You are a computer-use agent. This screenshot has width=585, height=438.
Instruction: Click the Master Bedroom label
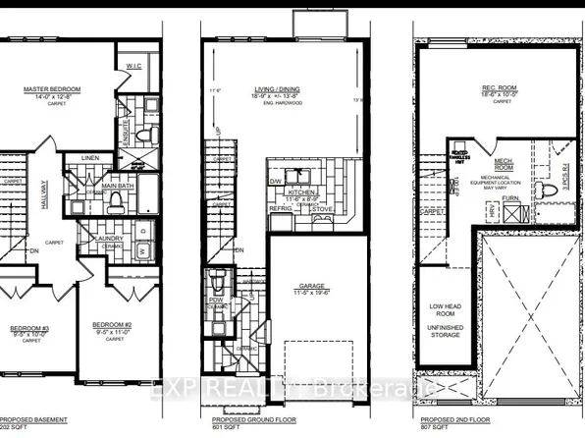click(52, 89)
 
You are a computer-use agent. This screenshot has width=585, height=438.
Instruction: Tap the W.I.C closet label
click(133, 67)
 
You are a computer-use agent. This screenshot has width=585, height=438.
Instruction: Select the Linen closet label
click(89, 157)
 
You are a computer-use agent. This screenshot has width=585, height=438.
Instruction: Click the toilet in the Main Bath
click(115, 201)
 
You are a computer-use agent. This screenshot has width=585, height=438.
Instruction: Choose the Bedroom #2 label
click(111, 324)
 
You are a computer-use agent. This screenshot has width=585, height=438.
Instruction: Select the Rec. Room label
click(503, 86)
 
